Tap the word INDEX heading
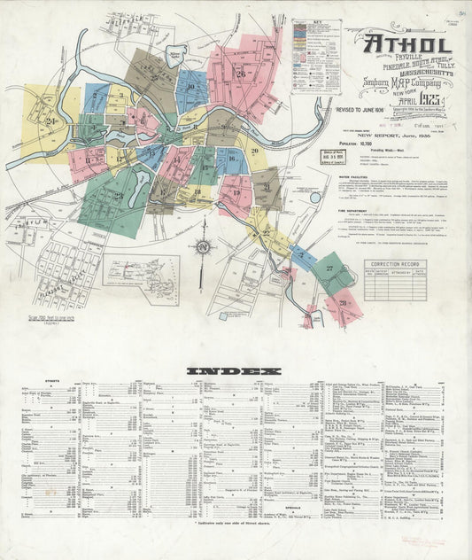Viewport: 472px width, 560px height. click(234, 369)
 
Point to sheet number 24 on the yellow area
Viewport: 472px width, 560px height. click(51, 121)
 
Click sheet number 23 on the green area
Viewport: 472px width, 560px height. click(117, 195)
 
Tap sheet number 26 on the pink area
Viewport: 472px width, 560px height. click(241, 74)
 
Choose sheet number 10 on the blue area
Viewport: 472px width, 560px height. click(190, 87)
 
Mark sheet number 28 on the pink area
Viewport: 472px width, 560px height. click(342, 303)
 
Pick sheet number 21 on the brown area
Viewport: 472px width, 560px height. click(266, 187)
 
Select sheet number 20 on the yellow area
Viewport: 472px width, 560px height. click(253, 152)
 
